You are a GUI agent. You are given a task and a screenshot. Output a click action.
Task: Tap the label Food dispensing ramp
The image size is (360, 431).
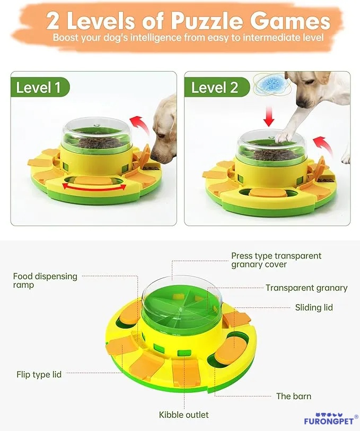(45, 280)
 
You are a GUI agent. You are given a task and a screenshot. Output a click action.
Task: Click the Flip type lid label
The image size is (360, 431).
(39, 374)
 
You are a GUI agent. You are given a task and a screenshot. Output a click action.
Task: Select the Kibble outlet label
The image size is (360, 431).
(183, 415)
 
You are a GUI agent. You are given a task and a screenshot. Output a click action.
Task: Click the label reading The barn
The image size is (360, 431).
(293, 396)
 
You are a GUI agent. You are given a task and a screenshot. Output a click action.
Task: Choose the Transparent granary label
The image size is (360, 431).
(306, 288)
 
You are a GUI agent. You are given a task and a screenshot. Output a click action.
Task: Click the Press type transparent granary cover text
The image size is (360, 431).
(276, 260)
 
